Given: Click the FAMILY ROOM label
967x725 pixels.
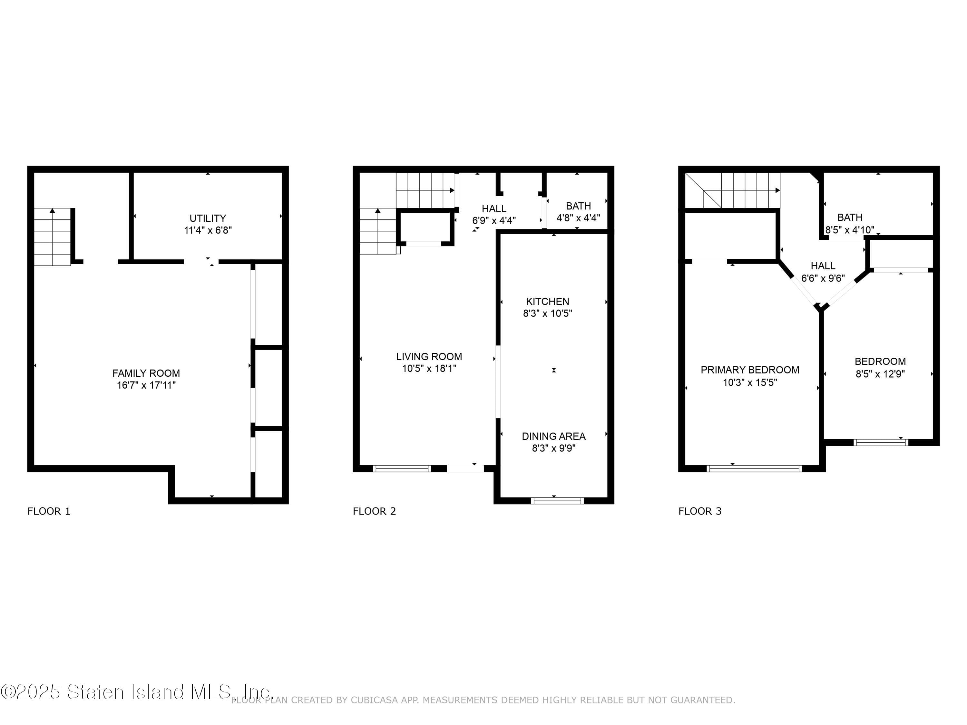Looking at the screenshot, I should click(146, 373).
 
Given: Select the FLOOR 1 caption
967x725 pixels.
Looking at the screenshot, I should click(49, 511).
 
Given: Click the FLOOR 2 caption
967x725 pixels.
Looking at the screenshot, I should click(374, 511).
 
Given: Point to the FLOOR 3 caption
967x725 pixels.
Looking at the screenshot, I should click(700, 511).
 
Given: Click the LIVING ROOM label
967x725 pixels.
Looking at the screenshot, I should click(429, 357).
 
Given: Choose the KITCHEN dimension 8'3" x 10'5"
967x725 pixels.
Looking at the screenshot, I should click(547, 313).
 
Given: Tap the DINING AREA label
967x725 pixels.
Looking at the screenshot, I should click(553, 436).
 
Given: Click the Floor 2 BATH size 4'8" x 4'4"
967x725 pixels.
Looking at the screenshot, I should click(578, 217).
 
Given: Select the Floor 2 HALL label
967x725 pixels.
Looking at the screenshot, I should click(494, 209).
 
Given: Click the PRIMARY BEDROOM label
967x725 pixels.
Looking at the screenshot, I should click(750, 370).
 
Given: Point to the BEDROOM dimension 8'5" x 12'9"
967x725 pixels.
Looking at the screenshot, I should click(880, 374).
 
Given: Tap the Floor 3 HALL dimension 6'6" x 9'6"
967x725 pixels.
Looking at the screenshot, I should click(823, 278).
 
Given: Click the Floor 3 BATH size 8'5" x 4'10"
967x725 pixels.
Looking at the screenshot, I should click(849, 230).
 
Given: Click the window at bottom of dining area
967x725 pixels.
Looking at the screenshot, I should click(557, 501).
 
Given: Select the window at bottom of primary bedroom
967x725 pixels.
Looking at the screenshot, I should click(754, 469).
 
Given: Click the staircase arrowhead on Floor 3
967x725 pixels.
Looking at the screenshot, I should click(777, 190).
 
